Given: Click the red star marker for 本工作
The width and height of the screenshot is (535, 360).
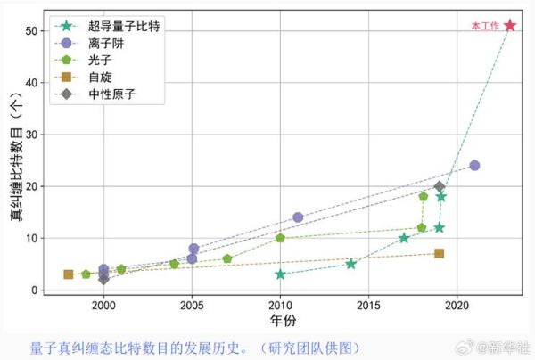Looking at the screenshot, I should (509, 26).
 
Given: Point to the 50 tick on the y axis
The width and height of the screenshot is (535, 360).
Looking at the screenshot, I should (31, 30).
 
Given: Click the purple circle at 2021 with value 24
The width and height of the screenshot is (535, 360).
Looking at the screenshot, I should (474, 166).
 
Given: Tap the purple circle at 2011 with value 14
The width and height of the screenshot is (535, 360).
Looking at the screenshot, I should (298, 217).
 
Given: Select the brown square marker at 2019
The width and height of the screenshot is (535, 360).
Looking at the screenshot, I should (439, 254).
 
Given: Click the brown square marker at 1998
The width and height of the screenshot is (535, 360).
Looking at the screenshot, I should (69, 274).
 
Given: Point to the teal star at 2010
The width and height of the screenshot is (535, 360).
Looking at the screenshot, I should (280, 274).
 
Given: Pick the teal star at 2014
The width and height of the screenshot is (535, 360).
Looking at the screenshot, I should (350, 264).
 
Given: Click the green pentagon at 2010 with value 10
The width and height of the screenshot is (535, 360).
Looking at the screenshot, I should (280, 238).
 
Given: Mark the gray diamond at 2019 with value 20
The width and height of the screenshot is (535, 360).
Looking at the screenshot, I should (439, 186).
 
